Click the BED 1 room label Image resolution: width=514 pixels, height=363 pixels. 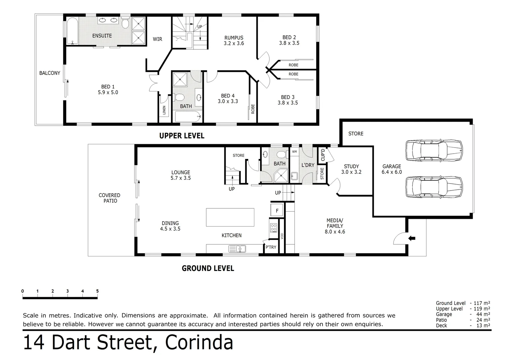pyautogui.click(x=108, y=89)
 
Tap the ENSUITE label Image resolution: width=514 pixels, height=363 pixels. pyautogui.click(x=102, y=36)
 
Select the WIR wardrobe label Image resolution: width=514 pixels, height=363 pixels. pyautogui.click(x=157, y=39)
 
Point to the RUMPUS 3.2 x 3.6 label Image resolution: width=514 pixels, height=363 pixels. pyautogui.click(x=234, y=40)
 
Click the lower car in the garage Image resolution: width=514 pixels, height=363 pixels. pyautogui.click(x=434, y=187)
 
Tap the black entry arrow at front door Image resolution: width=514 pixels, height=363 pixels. pyautogui.click(x=412, y=238)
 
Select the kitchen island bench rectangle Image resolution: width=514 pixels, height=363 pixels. pyautogui.click(x=230, y=217)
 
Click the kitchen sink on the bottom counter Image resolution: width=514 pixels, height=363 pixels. pyautogui.click(x=237, y=249)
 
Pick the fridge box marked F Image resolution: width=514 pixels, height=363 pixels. pyautogui.click(x=277, y=211)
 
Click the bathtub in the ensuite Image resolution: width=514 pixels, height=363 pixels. pyautogui.click(x=72, y=31)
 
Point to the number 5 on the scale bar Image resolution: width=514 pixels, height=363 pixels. pyautogui.click(x=97, y=291)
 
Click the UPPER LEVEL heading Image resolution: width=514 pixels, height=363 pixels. pyautogui.click(x=182, y=136)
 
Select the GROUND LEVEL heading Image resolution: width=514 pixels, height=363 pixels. pyautogui.click(x=208, y=268)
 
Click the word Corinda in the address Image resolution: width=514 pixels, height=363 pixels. pyautogui.click(x=199, y=343)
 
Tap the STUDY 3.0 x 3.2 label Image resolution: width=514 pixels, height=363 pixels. pyautogui.click(x=351, y=169)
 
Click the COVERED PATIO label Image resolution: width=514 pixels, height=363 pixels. pyautogui.click(x=110, y=198)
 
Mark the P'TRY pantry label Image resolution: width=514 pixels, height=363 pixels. pyautogui.click(x=271, y=247)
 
